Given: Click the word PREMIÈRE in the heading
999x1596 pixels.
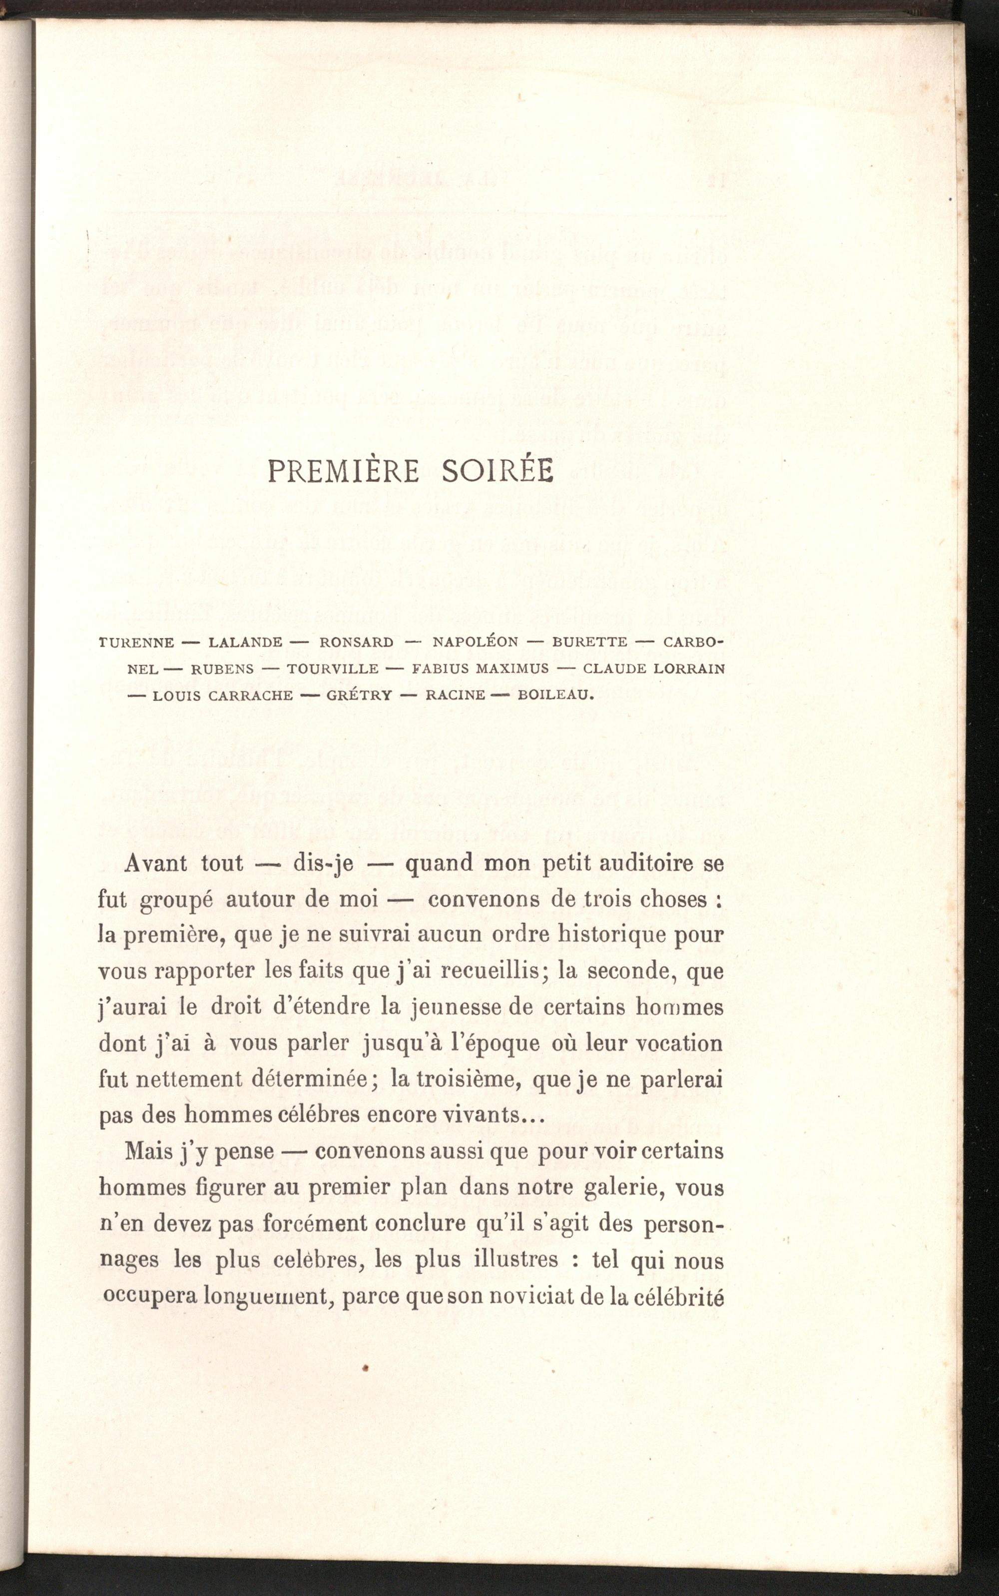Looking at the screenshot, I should click(343, 471).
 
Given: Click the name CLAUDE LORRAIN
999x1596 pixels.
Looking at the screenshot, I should click(654, 669).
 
